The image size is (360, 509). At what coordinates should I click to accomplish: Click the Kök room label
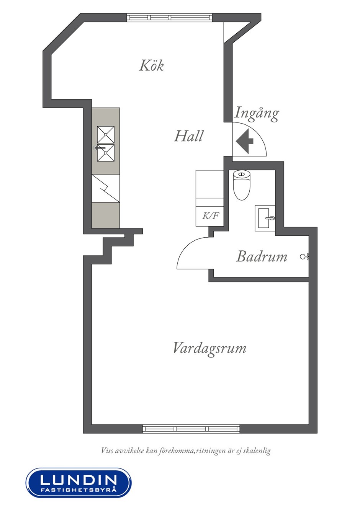click(x=151, y=65)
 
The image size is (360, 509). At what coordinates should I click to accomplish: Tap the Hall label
click(x=188, y=136)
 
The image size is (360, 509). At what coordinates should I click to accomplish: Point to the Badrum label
click(x=262, y=256)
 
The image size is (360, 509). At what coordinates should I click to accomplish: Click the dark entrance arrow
click(x=244, y=141)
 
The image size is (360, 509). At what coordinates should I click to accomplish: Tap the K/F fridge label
click(x=210, y=215)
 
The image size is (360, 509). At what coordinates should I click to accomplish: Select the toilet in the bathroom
click(x=242, y=185)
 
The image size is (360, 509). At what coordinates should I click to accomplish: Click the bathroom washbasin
click(x=265, y=218)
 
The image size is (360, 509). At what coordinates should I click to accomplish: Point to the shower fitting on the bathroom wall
click(x=305, y=256)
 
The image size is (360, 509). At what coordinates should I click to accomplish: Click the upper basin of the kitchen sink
click(x=106, y=135)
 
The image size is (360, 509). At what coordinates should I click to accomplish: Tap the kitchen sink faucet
click(x=99, y=148)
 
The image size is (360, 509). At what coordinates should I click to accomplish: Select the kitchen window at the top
click(x=169, y=18)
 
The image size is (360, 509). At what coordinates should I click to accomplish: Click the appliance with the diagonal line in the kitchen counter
click(x=106, y=188)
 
